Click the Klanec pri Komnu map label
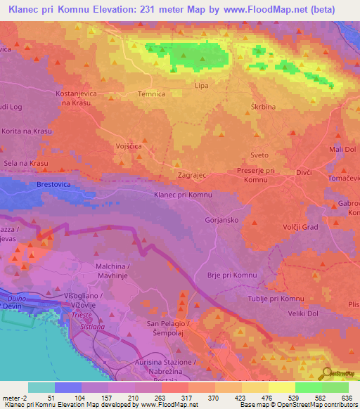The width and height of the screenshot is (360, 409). [x=183, y=194]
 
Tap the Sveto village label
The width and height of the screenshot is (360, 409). [x=259, y=155]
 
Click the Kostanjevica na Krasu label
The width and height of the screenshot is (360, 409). [x=77, y=98]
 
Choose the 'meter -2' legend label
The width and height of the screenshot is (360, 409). [x=14, y=397]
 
